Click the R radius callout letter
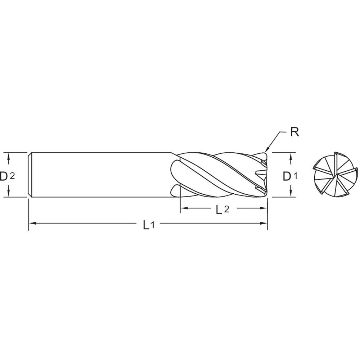tap(294, 132)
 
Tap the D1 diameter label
tap(290, 176)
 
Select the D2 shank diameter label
tap(7, 176)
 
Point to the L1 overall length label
tap(148, 225)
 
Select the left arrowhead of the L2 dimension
tap(183, 208)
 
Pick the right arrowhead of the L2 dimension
tap(264, 208)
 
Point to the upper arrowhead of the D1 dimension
tap(291, 155)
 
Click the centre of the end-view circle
tap(335, 175)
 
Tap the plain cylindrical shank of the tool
tap(101, 175)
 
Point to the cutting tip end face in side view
tap(266, 175)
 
